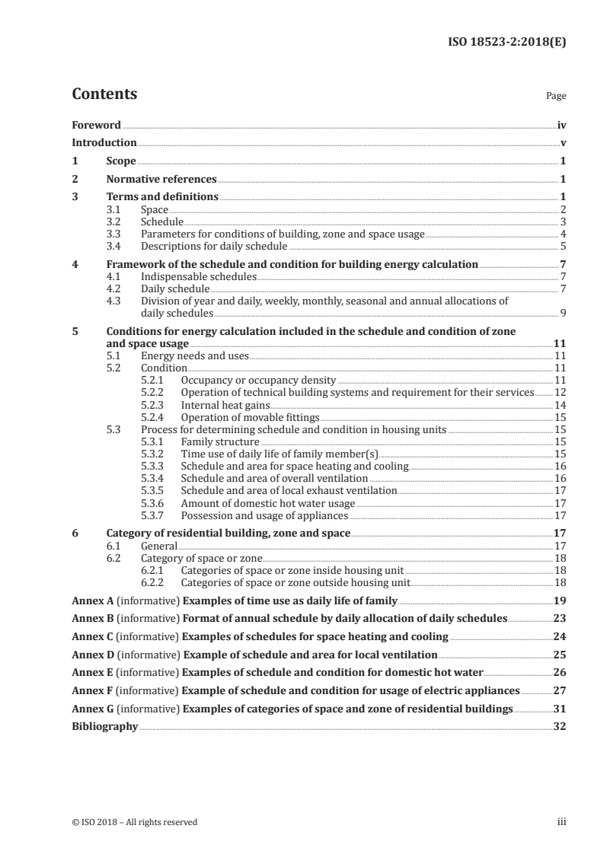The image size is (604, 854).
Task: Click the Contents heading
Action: click(104, 94)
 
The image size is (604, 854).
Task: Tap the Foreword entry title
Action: click(96, 125)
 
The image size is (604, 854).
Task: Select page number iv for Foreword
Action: click(561, 125)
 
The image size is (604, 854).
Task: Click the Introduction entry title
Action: click(104, 142)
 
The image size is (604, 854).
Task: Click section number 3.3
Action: click(115, 234)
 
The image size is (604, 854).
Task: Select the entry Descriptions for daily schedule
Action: click(214, 246)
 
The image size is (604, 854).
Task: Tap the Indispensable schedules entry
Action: click(198, 276)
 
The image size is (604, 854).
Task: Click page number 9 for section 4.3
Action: click(563, 313)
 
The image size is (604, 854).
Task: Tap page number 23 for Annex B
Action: click(560, 618)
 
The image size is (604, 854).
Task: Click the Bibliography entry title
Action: click(104, 727)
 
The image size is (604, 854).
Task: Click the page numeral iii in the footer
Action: click(562, 822)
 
